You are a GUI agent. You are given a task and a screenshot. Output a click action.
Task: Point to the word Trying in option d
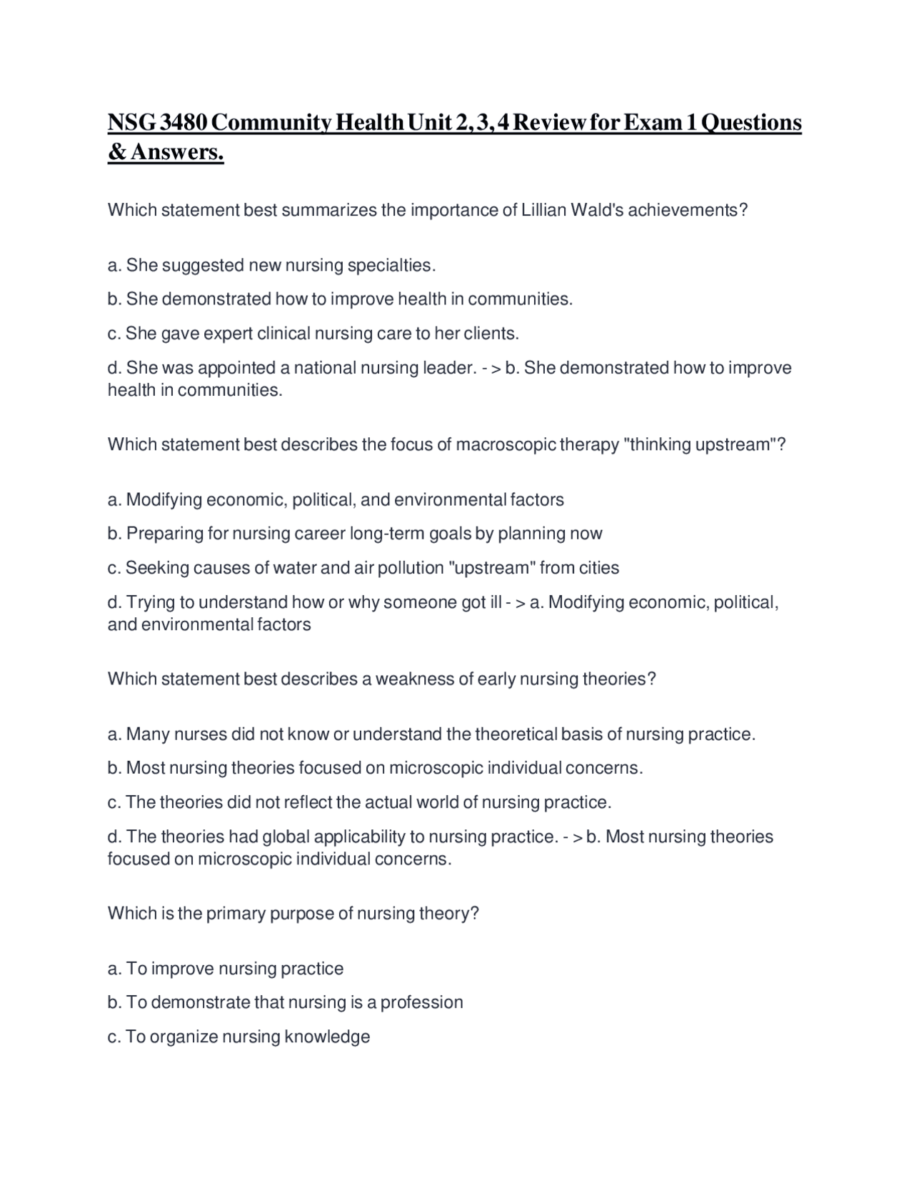point(148,602)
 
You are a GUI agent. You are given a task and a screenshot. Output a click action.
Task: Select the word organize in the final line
point(184,1037)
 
